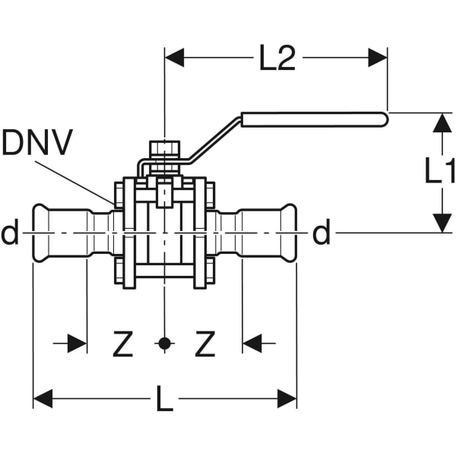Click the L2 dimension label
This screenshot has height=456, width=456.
point(277,59)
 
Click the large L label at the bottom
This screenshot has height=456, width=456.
point(164,399)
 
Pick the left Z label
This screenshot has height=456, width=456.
point(123,344)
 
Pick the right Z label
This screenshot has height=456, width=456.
point(204,344)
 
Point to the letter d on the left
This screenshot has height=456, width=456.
point(10,234)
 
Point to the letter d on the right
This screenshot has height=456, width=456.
point(321,234)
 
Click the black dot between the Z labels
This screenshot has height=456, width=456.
point(164,344)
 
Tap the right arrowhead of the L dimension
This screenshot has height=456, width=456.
point(287,398)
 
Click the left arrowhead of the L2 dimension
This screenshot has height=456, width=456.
point(175,57)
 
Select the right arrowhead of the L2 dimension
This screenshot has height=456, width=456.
point(378,57)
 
